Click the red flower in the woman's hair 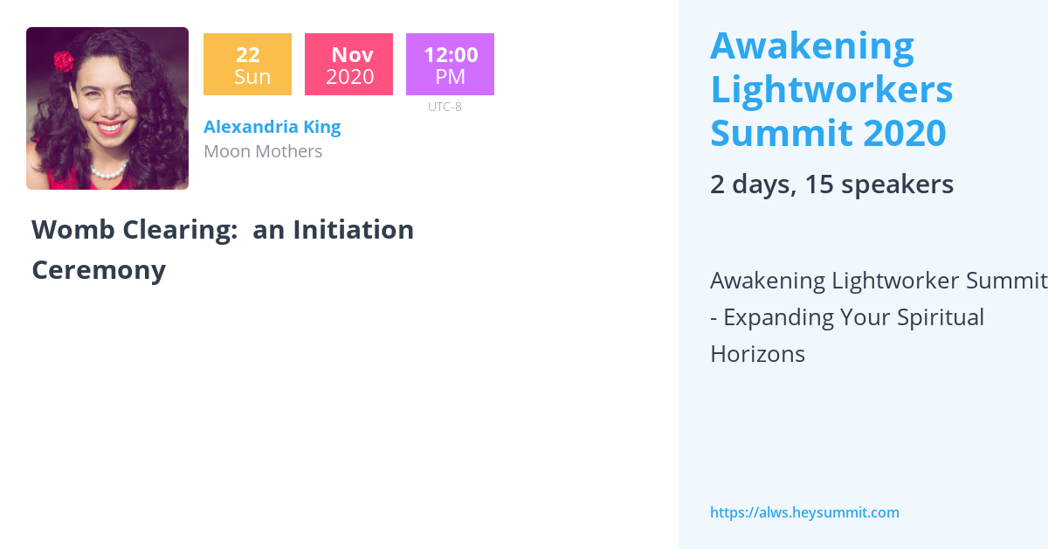tap(64, 60)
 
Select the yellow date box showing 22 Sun tap(247, 65)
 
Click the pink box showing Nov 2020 tap(348, 65)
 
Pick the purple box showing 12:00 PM tap(450, 65)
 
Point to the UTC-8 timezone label tap(445, 107)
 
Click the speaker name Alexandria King tap(272, 127)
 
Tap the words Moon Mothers tap(263, 151)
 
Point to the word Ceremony tap(99, 270)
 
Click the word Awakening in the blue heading tap(812, 46)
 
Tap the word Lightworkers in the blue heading tap(831, 89)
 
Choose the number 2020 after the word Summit tap(904, 133)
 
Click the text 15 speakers tap(879, 184)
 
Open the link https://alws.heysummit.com tap(804, 513)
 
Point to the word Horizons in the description tap(757, 354)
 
